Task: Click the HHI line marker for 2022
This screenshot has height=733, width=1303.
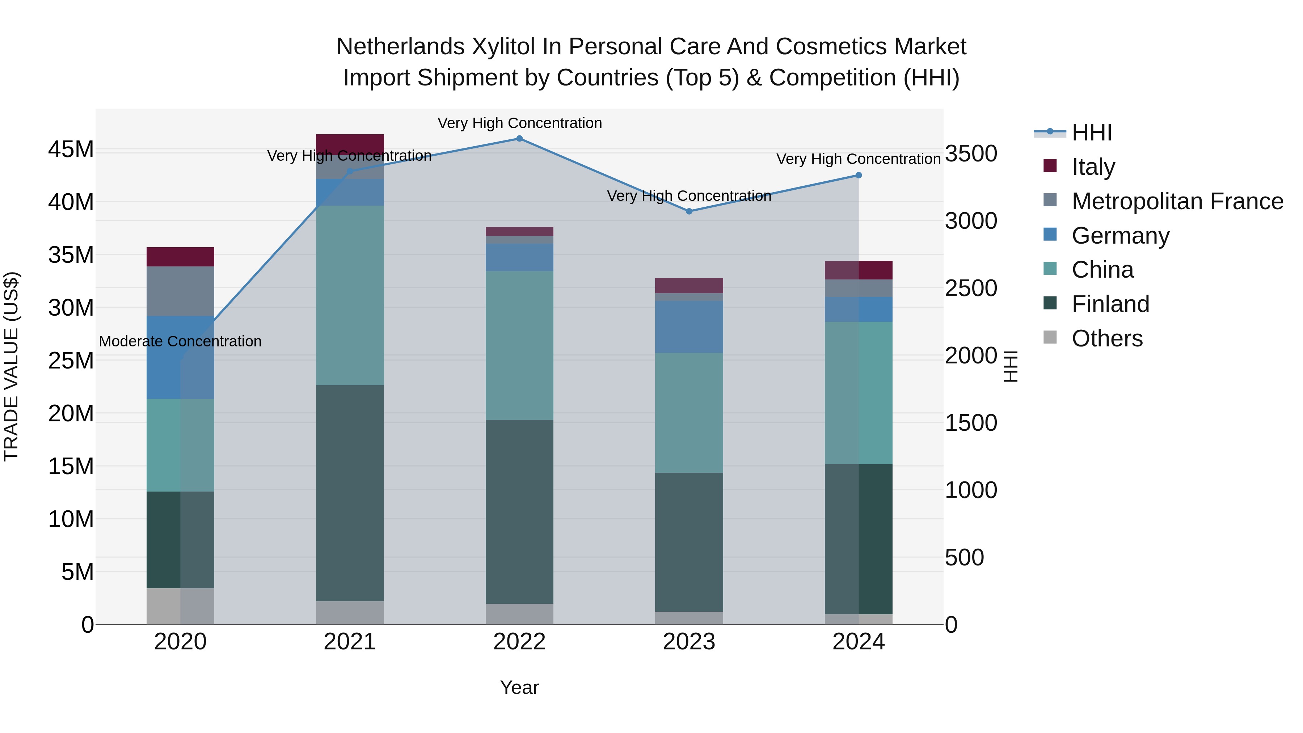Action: [x=519, y=139]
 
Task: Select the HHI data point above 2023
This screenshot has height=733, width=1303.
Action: [x=689, y=211]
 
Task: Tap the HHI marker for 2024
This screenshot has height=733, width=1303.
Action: [x=859, y=176]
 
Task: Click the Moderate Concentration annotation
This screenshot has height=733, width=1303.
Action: [x=180, y=341]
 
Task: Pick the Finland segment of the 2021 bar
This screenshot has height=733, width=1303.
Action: [x=350, y=493]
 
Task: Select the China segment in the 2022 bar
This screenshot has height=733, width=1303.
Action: [x=519, y=346]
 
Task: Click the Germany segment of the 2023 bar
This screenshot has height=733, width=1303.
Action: [x=689, y=327]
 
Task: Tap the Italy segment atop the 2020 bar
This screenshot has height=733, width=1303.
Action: [x=180, y=257]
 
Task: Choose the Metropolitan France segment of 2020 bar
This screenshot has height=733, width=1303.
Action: [x=180, y=291]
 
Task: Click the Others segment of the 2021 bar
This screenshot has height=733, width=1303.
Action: [x=350, y=612]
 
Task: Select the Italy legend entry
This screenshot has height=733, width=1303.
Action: [x=1093, y=167]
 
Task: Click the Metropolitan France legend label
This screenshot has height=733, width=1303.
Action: [x=1177, y=201]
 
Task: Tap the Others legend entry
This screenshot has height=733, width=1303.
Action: [x=1107, y=338]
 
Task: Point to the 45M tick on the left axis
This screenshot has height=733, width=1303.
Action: [x=71, y=150]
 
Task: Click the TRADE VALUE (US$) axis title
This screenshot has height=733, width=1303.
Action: [x=11, y=366]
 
